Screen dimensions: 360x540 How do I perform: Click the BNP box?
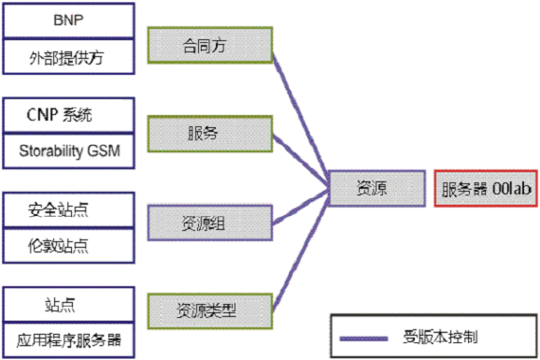click(x=69, y=19)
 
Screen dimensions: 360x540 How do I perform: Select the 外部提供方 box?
click(x=69, y=56)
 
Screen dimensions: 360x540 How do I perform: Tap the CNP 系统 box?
click(x=69, y=115)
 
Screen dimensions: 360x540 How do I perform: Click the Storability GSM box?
click(x=69, y=150)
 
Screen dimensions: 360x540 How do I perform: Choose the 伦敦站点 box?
click(x=69, y=246)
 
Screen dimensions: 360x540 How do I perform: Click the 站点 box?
click(x=69, y=305)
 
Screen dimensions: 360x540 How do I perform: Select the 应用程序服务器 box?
click(x=69, y=339)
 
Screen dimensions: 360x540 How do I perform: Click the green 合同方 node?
click(x=209, y=43)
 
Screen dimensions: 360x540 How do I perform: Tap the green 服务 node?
click(x=209, y=133)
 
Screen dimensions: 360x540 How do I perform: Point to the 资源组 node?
click(x=209, y=223)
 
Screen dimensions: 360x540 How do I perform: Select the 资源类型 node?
click(x=209, y=308)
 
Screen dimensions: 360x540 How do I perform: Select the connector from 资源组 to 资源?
click(x=299, y=209)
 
